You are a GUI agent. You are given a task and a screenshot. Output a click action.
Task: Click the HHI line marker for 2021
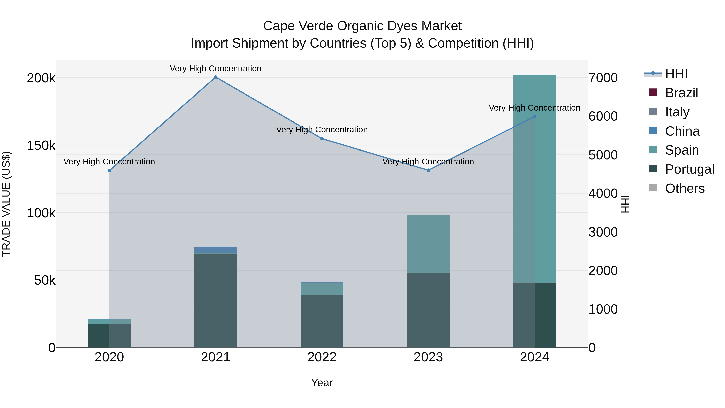[x=215, y=77]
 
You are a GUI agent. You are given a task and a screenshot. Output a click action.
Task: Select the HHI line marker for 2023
[x=428, y=170]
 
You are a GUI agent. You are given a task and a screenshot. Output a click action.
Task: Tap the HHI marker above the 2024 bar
[x=534, y=117]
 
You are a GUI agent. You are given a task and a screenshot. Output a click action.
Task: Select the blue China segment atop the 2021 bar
[x=215, y=249]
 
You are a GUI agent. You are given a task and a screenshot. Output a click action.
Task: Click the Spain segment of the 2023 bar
[x=428, y=244]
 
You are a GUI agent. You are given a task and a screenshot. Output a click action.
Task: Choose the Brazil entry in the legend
[x=681, y=93]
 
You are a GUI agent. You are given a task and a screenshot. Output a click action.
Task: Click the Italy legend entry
[x=677, y=112]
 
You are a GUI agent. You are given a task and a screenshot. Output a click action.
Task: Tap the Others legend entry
[x=685, y=188]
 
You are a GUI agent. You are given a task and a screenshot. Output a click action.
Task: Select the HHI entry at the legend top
[x=676, y=74]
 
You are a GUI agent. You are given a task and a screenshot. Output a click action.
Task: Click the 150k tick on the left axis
[x=41, y=146]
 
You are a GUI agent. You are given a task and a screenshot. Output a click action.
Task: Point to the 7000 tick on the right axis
[x=603, y=78]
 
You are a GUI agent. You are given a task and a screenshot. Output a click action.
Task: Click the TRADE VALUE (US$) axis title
[x=6, y=204]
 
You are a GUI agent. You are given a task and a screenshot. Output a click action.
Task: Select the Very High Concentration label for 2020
[x=109, y=162]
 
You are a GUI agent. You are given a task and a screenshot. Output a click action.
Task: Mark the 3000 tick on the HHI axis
[x=603, y=232]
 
